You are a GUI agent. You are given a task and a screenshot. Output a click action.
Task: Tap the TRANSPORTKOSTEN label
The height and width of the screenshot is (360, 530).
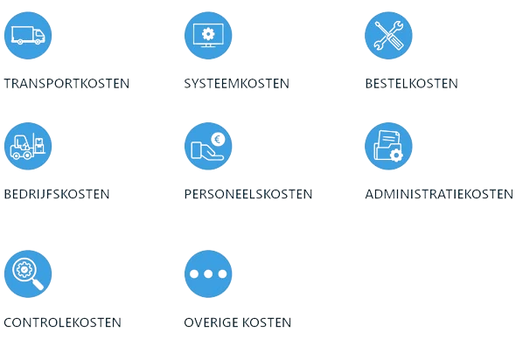(x=66, y=84)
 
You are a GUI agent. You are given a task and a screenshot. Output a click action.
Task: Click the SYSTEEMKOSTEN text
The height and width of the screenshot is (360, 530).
(x=236, y=84)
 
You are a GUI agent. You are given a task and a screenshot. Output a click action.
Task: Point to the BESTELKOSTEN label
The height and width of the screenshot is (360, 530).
(x=411, y=84)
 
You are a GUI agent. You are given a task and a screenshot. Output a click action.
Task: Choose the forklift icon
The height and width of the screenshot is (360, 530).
(x=28, y=146)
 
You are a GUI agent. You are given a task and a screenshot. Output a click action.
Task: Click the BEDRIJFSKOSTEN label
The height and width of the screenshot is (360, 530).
(x=57, y=194)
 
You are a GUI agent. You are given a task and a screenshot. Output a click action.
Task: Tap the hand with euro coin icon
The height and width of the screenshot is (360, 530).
(x=208, y=146)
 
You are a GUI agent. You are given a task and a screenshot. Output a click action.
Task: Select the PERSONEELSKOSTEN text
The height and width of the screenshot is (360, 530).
(x=248, y=194)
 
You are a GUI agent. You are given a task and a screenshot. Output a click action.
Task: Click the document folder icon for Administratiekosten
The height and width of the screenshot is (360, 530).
(x=388, y=146)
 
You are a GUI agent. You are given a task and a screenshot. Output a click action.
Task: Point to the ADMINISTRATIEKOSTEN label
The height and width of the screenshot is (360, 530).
(x=439, y=194)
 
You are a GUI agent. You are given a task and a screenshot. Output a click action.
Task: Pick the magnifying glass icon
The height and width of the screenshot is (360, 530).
(x=28, y=273)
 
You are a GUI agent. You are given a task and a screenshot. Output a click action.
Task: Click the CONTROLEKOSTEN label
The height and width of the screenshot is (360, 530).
(x=62, y=322)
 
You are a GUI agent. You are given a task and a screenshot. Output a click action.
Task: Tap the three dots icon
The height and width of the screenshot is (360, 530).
(x=208, y=273)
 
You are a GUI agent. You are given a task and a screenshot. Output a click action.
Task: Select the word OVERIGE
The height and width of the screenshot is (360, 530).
(x=211, y=322)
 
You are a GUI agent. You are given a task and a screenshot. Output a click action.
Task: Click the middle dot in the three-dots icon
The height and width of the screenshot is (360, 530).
(x=208, y=274)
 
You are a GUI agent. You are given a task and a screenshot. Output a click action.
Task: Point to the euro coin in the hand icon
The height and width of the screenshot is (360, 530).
(x=216, y=137)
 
